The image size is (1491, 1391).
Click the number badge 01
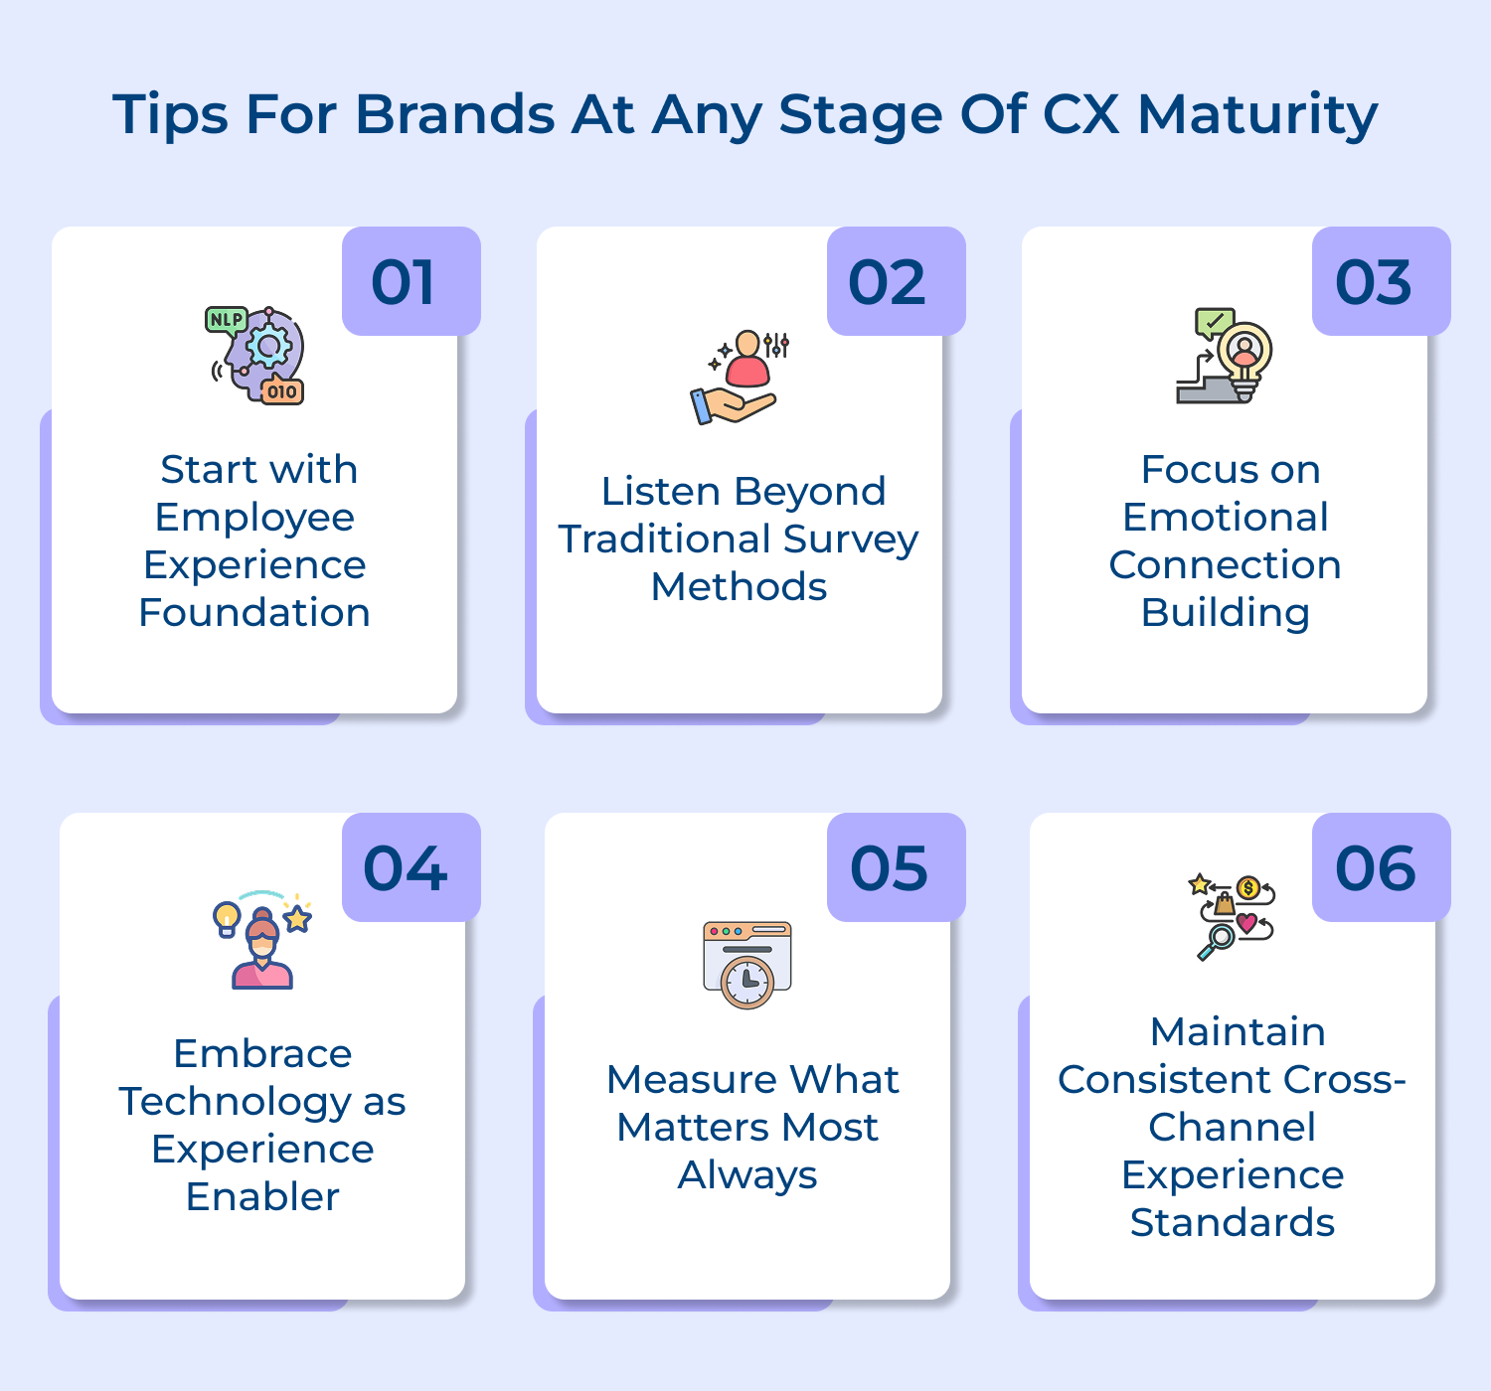411,281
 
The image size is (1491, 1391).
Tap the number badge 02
896,281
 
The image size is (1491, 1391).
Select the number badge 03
1381,281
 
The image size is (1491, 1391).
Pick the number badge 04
411,867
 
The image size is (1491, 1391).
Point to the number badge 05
896,867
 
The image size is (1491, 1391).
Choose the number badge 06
1381,867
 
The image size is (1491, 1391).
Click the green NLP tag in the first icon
226,320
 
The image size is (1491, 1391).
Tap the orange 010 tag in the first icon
281,391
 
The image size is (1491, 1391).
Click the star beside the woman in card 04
297,919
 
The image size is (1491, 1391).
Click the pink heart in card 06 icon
1245,923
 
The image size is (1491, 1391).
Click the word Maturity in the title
1256,114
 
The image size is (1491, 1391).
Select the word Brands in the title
454,114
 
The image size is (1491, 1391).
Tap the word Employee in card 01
254,517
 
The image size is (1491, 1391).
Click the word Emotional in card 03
1225,517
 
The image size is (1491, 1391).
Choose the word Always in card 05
747,1174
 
